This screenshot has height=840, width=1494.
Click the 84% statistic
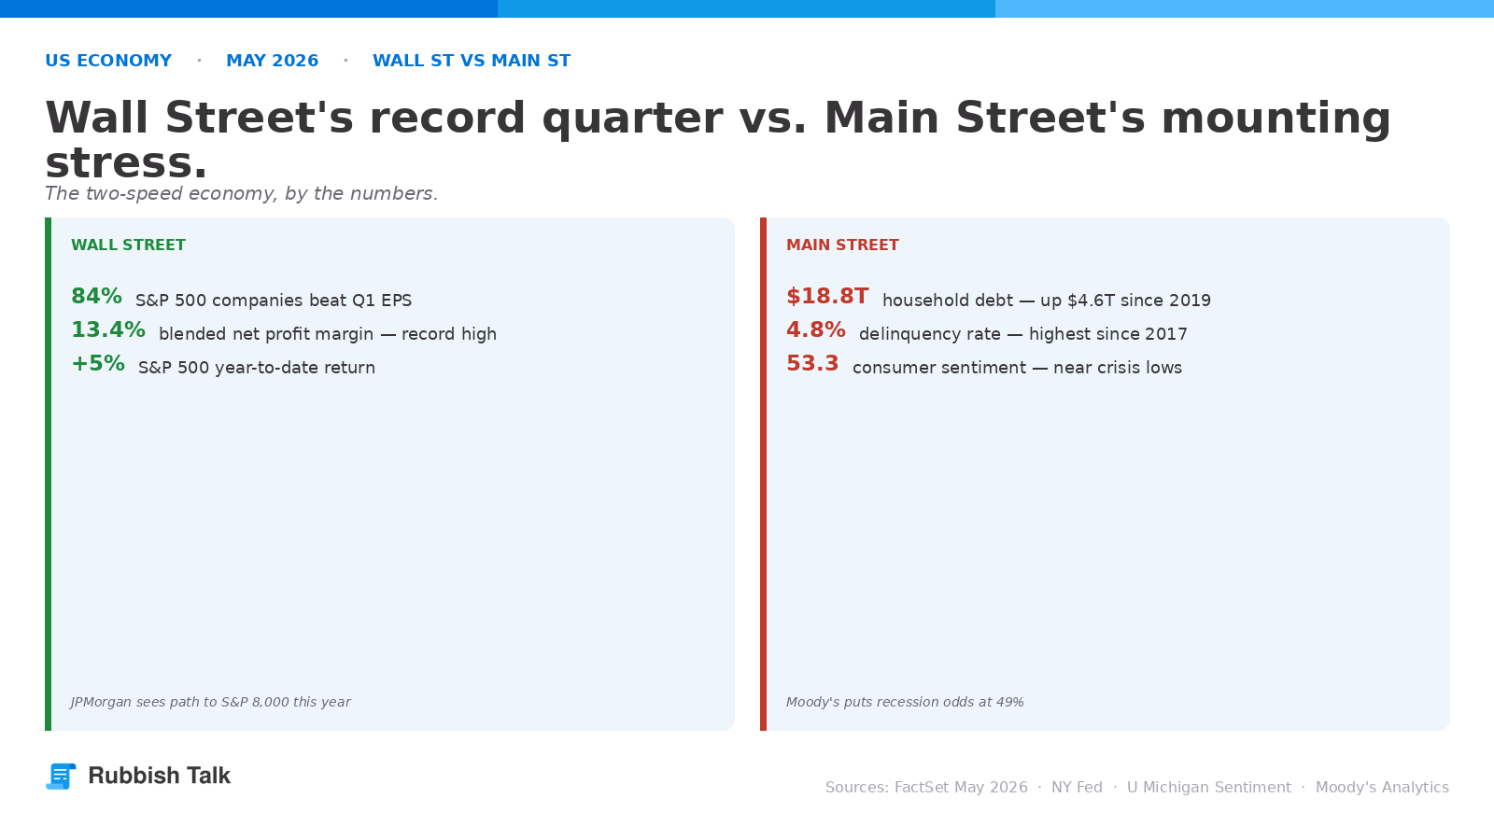coord(97,296)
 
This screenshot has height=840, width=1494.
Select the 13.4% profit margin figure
coord(108,330)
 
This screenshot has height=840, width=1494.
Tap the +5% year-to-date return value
coord(98,364)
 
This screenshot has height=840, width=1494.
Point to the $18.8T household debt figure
coord(827,296)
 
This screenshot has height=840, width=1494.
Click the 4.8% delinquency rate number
coord(816,330)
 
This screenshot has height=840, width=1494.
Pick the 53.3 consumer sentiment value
coord(812,364)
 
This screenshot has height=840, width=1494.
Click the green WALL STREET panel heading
coord(128,245)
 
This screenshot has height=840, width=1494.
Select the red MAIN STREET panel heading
coord(842,245)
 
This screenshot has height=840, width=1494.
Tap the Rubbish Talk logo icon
coord(61,776)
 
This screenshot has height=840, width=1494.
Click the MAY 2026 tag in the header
coord(272,61)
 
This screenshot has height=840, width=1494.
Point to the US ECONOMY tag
coord(108,61)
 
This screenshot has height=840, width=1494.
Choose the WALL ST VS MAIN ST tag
coord(472,61)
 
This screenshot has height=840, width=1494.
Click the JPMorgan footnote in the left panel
coord(210,702)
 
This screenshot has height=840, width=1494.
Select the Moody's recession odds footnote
coord(905,702)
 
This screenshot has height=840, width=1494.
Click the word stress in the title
coord(126,162)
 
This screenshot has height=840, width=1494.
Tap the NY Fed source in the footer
coord(1077,788)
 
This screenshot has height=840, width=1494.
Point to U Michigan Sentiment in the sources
coord(1208,788)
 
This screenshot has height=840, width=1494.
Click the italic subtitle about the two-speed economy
coord(242,193)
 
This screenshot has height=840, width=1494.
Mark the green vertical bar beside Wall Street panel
coord(48,474)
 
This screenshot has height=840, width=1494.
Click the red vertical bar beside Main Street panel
coord(763,474)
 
